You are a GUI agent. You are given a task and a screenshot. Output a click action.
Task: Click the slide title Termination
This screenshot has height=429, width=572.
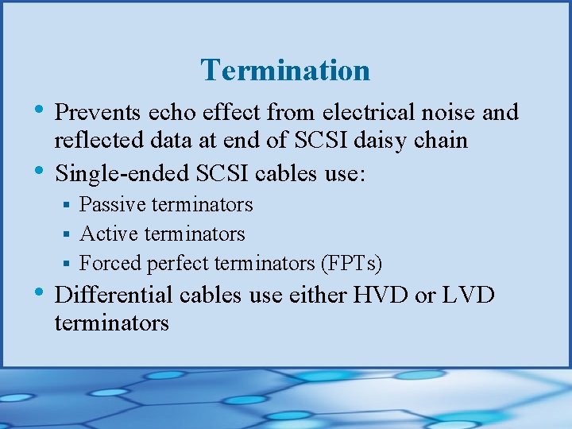(x=285, y=70)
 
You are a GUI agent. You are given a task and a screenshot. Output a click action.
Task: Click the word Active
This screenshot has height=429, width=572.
(x=106, y=234)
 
